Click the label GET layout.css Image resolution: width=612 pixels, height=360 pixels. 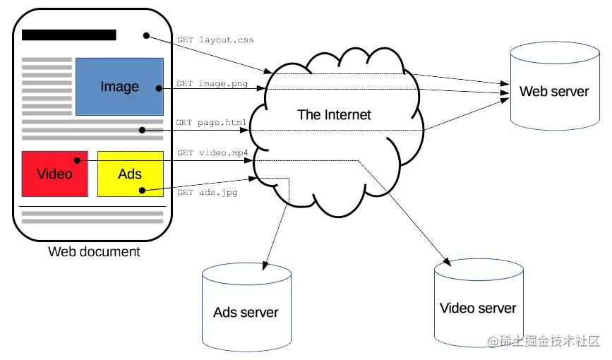(x=215, y=40)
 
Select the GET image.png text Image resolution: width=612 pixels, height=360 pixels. (x=212, y=83)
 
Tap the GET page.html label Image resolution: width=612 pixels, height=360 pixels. (x=211, y=123)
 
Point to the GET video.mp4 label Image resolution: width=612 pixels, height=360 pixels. (x=212, y=152)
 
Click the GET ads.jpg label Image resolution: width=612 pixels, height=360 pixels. (x=208, y=192)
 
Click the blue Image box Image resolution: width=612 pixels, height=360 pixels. (x=119, y=87)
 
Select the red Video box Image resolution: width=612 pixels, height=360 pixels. (x=54, y=174)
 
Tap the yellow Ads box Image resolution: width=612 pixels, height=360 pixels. (x=131, y=174)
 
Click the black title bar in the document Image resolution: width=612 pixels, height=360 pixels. (x=69, y=35)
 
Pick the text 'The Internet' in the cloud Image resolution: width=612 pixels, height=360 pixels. (x=334, y=115)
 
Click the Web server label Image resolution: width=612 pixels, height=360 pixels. (x=554, y=91)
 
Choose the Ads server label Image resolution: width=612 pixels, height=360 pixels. (x=246, y=313)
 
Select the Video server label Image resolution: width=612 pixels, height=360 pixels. (x=478, y=308)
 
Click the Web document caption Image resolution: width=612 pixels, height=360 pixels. (x=94, y=251)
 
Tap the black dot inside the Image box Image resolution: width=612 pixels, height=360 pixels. (x=159, y=88)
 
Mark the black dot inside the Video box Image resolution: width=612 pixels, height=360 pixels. (x=77, y=160)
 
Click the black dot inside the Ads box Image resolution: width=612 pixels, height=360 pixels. (x=142, y=191)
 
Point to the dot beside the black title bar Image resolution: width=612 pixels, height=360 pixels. (x=146, y=35)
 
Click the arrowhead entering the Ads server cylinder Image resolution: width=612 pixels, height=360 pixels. (x=265, y=266)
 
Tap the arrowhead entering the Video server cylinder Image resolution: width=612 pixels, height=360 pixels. (x=447, y=262)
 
